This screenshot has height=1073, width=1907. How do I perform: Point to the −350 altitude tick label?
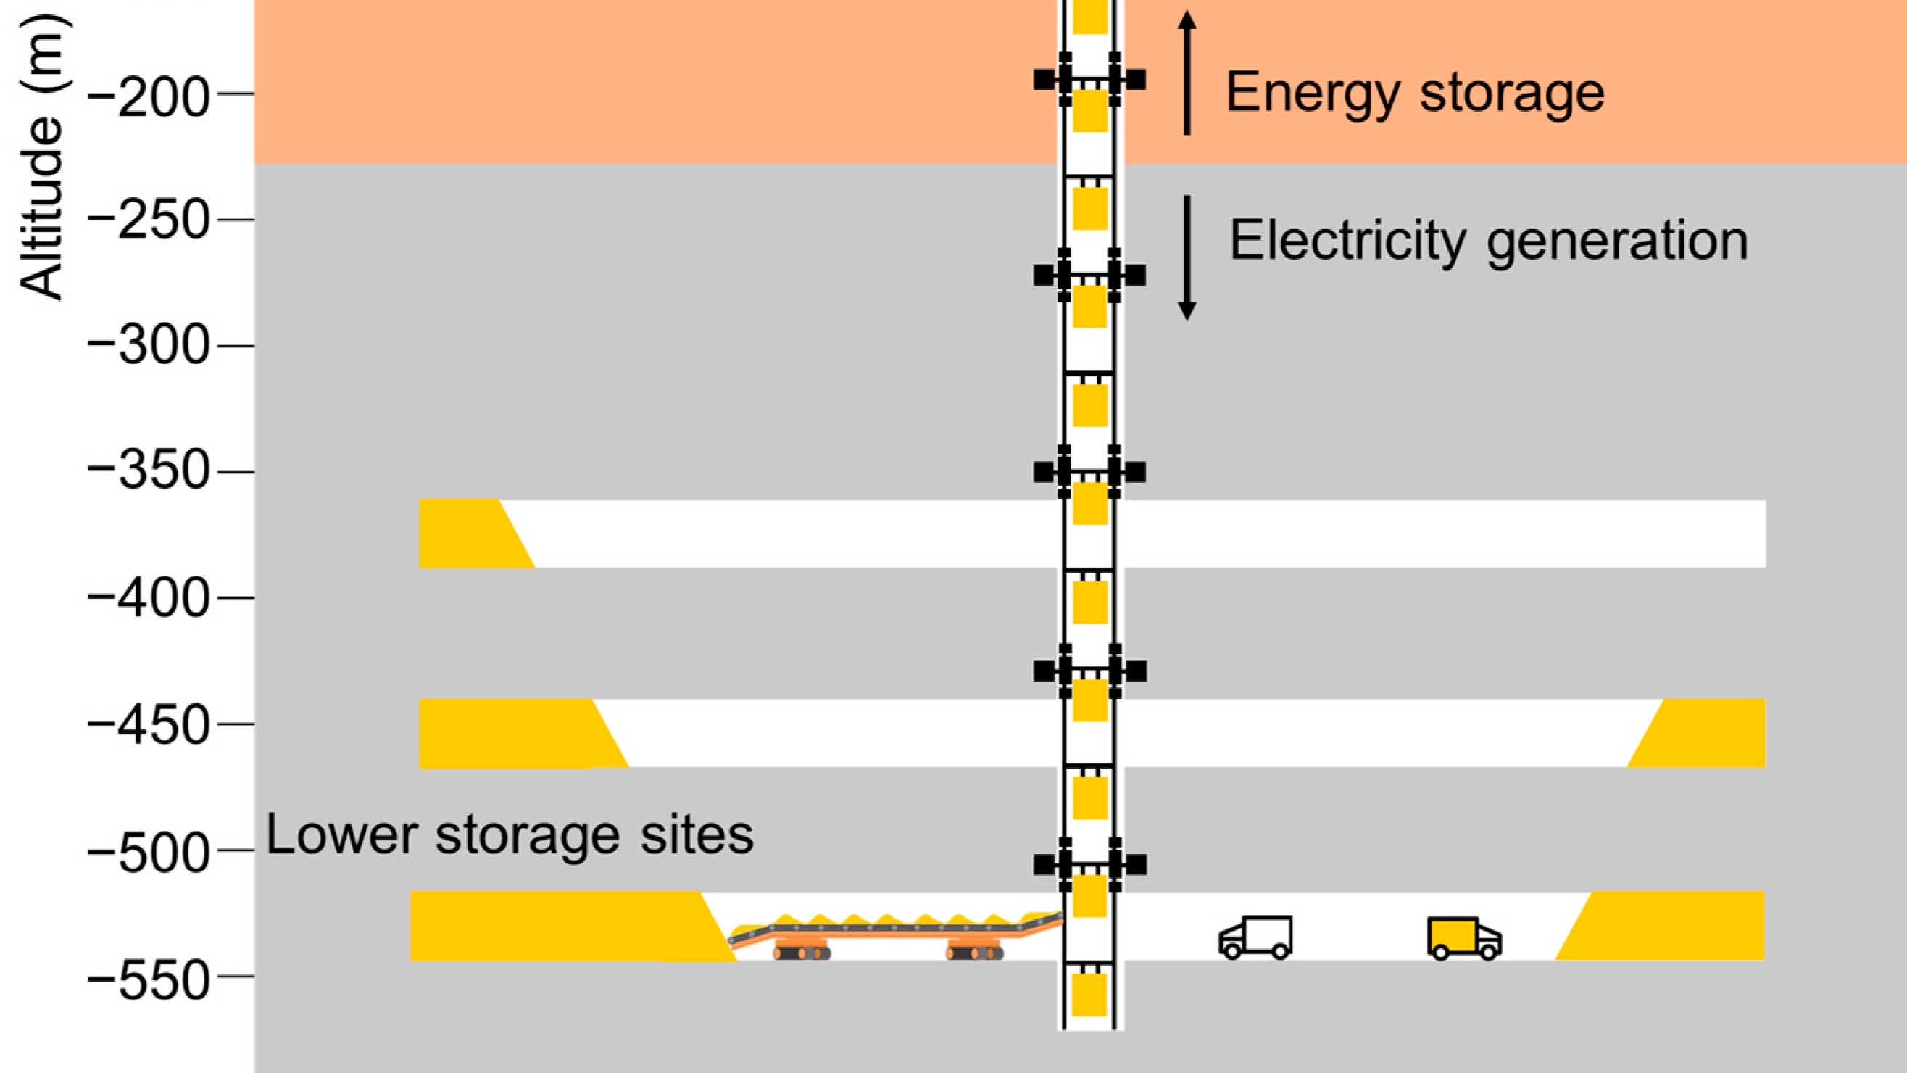point(148,472)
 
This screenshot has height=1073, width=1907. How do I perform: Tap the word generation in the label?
point(1617,241)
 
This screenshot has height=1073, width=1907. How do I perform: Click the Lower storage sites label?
point(510,834)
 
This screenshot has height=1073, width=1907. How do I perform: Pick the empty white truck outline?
point(1255,937)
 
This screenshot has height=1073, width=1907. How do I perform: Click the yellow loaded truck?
point(1463,937)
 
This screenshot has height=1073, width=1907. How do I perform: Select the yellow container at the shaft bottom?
point(1089,995)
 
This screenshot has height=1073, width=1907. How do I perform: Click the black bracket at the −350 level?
point(1089,472)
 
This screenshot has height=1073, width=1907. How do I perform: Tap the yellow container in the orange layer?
point(1089,111)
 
